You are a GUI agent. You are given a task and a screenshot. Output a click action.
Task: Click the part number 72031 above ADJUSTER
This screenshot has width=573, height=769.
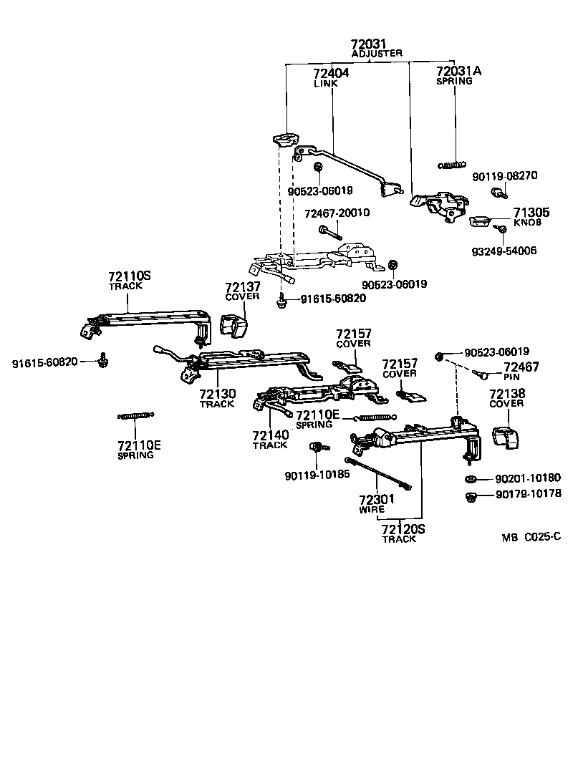[369, 44]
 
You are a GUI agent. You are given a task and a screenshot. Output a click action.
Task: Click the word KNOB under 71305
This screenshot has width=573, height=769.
[527, 223]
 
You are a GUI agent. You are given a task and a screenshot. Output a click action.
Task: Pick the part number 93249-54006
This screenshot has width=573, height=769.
[504, 251]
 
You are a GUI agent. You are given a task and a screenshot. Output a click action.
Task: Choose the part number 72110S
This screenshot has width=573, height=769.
[130, 276]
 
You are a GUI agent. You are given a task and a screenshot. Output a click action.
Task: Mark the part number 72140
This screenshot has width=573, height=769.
[270, 435]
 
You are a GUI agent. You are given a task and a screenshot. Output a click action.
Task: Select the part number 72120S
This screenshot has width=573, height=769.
[403, 529]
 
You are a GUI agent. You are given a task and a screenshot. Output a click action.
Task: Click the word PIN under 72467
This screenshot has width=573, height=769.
[511, 377]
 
